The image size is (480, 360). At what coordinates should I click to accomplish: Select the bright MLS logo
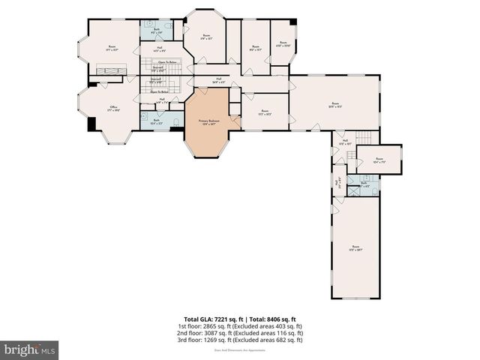tap(30, 349)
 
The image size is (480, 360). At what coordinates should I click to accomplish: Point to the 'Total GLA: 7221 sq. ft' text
tap(211, 319)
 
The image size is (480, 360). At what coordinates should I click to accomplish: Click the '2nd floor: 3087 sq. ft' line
tap(240, 333)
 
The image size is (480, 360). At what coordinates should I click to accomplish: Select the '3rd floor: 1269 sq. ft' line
tap(240, 340)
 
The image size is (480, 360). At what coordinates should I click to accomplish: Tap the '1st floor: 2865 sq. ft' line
tap(240, 326)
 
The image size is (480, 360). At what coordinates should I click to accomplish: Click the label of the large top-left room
tap(112, 48)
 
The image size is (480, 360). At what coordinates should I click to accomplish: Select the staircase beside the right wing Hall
tap(364, 138)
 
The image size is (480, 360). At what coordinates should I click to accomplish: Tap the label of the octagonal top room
tap(206, 36)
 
